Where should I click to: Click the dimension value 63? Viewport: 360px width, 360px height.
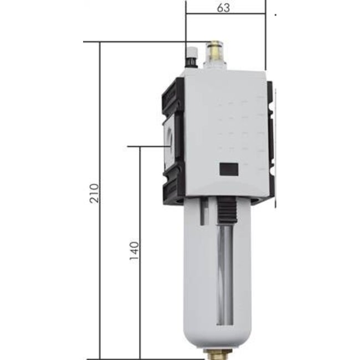pos(224,8)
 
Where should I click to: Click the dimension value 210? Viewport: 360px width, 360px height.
pos(94,193)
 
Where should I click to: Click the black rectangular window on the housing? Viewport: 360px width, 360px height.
pos(229,169)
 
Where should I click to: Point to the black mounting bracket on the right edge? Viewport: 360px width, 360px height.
pos(270,144)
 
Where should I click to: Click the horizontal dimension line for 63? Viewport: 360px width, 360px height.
pos(226,14)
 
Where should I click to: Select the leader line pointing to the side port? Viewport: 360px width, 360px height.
pos(147,146)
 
